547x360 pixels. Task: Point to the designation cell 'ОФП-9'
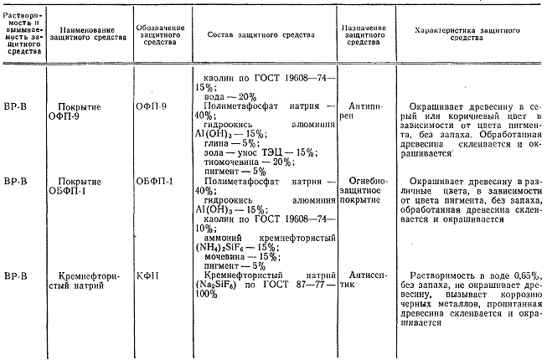(151, 107)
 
